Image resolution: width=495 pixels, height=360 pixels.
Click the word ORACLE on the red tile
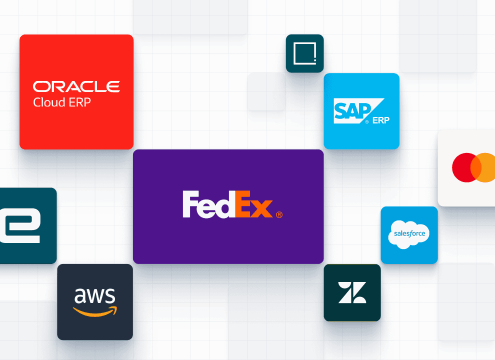[x=76, y=86]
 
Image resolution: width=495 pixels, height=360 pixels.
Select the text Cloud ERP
[x=62, y=102]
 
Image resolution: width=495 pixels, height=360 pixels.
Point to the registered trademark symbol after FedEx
[x=279, y=214]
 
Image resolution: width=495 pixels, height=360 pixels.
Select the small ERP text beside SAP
[x=380, y=120]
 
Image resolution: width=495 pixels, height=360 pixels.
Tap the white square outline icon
[x=304, y=53]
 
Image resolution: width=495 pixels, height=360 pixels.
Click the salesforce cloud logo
[x=409, y=234]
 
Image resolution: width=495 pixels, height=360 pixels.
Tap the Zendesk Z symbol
[x=352, y=292]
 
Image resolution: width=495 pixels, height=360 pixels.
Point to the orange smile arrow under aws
[x=95, y=311]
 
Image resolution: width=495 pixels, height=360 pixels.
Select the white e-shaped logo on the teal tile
[x=20, y=225]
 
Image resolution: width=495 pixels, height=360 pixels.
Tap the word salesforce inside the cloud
[x=409, y=233]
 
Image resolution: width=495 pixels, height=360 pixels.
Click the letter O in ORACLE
[x=40, y=86]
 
